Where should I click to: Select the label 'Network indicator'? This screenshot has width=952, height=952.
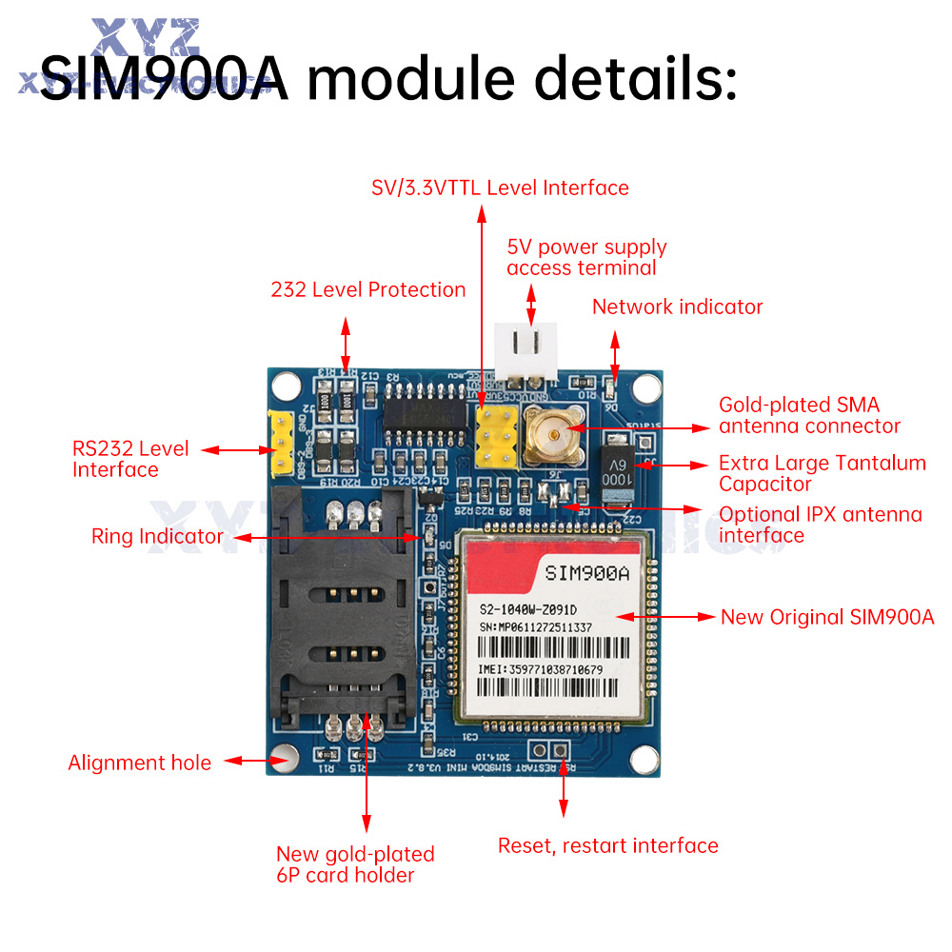(x=677, y=307)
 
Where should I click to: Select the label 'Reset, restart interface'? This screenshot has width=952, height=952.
(x=607, y=845)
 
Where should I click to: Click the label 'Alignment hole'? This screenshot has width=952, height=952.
(x=139, y=763)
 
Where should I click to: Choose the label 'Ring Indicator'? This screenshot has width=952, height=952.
(x=157, y=536)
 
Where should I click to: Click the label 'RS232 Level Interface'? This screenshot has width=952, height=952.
(x=130, y=458)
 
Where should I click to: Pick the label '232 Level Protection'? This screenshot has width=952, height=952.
(x=368, y=289)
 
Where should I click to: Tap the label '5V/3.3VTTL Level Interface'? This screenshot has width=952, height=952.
(x=500, y=188)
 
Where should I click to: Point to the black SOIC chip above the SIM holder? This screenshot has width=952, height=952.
(x=424, y=410)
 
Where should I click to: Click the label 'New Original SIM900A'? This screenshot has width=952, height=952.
(x=826, y=617)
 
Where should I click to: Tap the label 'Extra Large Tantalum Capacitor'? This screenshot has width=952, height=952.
(x=822, y=473)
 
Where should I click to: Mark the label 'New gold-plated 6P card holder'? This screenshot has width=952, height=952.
(x=354, y=864)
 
